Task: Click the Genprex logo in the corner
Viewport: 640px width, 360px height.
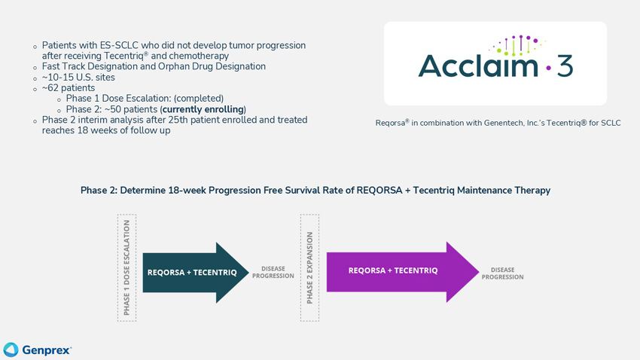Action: tap(38, 349)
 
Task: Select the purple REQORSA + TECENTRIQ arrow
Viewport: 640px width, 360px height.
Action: tap(399, 270)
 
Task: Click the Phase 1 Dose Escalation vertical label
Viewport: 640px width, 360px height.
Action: tap(126, 268)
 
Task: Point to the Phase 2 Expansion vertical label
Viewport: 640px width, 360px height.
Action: tap(309, 268)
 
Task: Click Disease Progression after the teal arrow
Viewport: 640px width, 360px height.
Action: tap(273, 272)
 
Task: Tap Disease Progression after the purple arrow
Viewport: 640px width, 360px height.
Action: tap(502, 273)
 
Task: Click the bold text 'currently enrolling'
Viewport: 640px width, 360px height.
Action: tap(202, 109)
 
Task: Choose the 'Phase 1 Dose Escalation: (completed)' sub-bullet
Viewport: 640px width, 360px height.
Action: tap(145, 98)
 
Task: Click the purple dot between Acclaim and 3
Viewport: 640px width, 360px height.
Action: tap(547, 69)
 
